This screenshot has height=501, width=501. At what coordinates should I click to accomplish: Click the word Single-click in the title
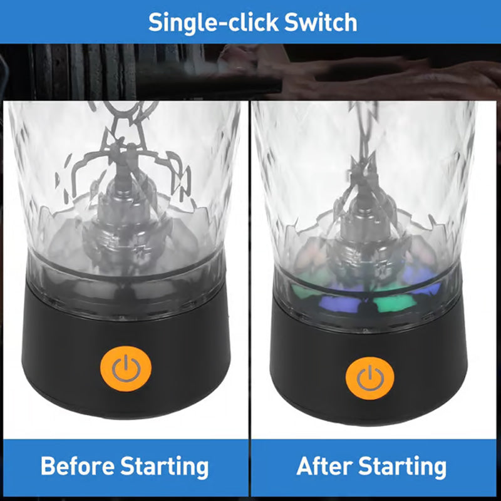tap(213, 23)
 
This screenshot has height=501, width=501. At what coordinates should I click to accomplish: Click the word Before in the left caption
tap(77, 466)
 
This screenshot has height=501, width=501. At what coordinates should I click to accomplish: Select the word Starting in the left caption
tap(165, 467)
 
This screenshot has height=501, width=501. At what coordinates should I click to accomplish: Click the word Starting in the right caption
tap(402, 467)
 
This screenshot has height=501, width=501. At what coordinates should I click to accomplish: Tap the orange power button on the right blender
tap(369, 378)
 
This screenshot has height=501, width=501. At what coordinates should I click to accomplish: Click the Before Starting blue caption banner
tap(126, 467)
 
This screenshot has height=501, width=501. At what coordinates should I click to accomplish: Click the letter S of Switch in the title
tap(291, 23)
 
